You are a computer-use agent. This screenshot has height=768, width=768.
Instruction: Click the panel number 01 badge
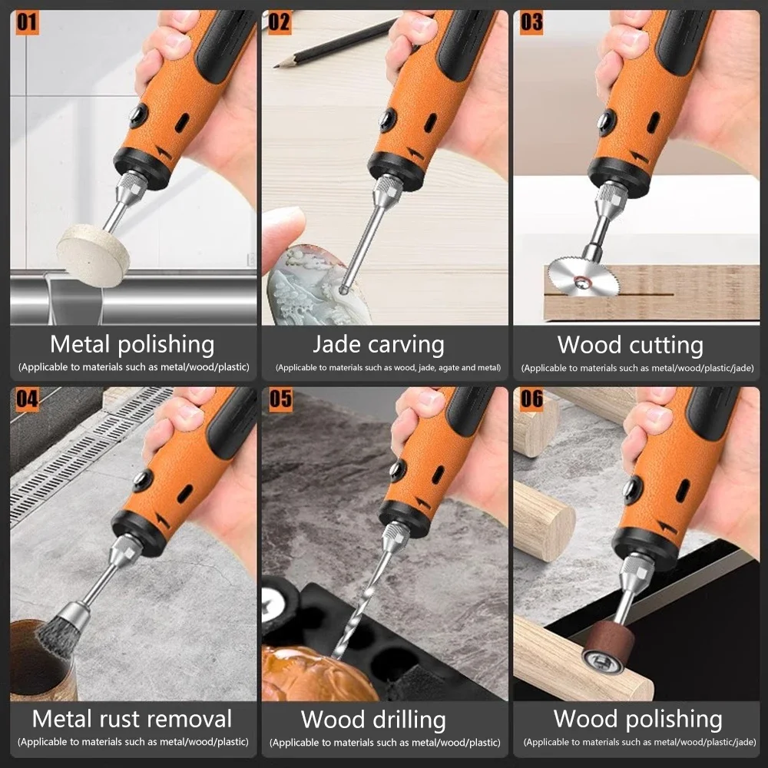(x=27, y=22)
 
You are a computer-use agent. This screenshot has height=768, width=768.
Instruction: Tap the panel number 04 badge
(x=27, y=399)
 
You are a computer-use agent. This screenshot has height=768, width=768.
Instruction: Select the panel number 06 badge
(x=531, y=399)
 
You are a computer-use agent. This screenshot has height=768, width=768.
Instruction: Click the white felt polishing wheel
(x=92, y=254)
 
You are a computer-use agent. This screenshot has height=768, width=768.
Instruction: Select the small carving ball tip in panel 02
(x=344, y=290)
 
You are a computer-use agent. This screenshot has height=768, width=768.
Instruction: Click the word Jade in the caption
(x=339, y=344)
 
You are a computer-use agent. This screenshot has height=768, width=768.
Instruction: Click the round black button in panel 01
(x=138, y=115)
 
